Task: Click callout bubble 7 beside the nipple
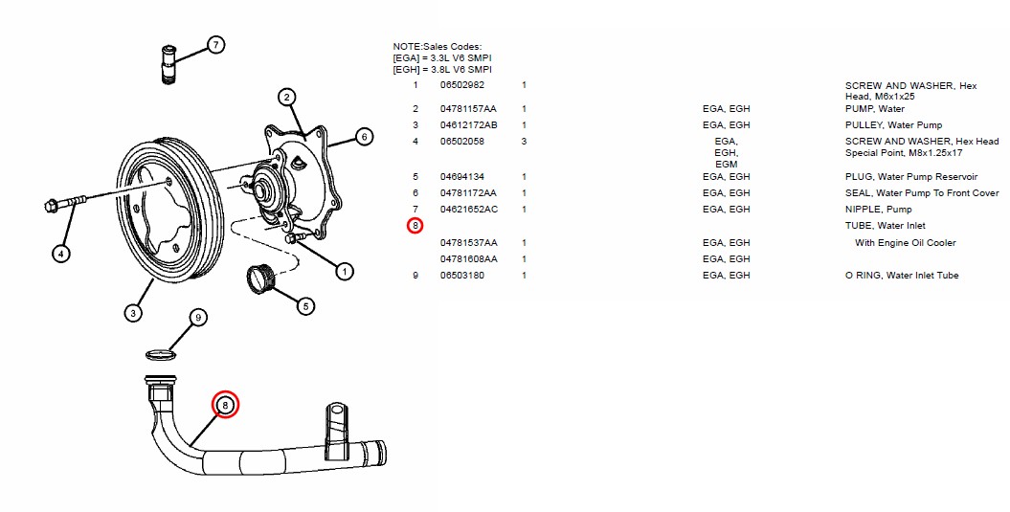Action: (215, 45)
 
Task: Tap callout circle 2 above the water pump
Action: (286, 97)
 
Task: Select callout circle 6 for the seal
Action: (363, 137)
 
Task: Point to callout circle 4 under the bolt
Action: (61, 254)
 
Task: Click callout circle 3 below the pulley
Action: (133, 312)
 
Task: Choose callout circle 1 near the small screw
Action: (343, 271)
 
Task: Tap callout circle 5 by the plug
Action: (304, 306)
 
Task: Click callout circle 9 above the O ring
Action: (197, 317)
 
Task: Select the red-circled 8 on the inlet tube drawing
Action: (225, 405)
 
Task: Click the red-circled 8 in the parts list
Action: (415, 226)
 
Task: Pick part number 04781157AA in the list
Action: (468, 109)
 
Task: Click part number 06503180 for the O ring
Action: (462, 276)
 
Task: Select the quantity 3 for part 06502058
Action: (524, 142)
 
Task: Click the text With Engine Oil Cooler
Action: (905, 243)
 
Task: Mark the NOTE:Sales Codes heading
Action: (437, 47)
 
